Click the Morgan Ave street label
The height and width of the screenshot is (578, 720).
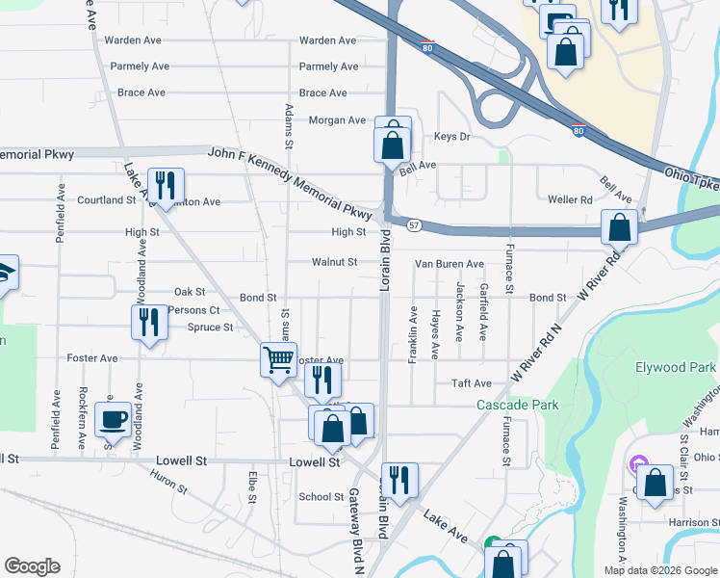coord(337,120)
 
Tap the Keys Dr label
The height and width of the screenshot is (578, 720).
coord(451,137)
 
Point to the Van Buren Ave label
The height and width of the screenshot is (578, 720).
coord(449,263)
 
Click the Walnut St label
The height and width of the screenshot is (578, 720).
coord(334,262)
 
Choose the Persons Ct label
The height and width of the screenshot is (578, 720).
coord(193,310)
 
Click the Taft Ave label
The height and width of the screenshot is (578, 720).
coord(472,383)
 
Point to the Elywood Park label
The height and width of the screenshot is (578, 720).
coord(675,368)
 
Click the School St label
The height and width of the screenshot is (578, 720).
coord(321,497)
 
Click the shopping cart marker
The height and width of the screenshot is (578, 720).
coord(278,361)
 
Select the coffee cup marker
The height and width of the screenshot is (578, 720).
coord(113,419)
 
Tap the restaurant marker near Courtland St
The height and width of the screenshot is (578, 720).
coord(166,185)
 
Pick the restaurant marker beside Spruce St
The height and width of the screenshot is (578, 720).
coord(148,322)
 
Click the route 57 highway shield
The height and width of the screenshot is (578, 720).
coord(413,224)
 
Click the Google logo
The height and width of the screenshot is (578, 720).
coord(33,566)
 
